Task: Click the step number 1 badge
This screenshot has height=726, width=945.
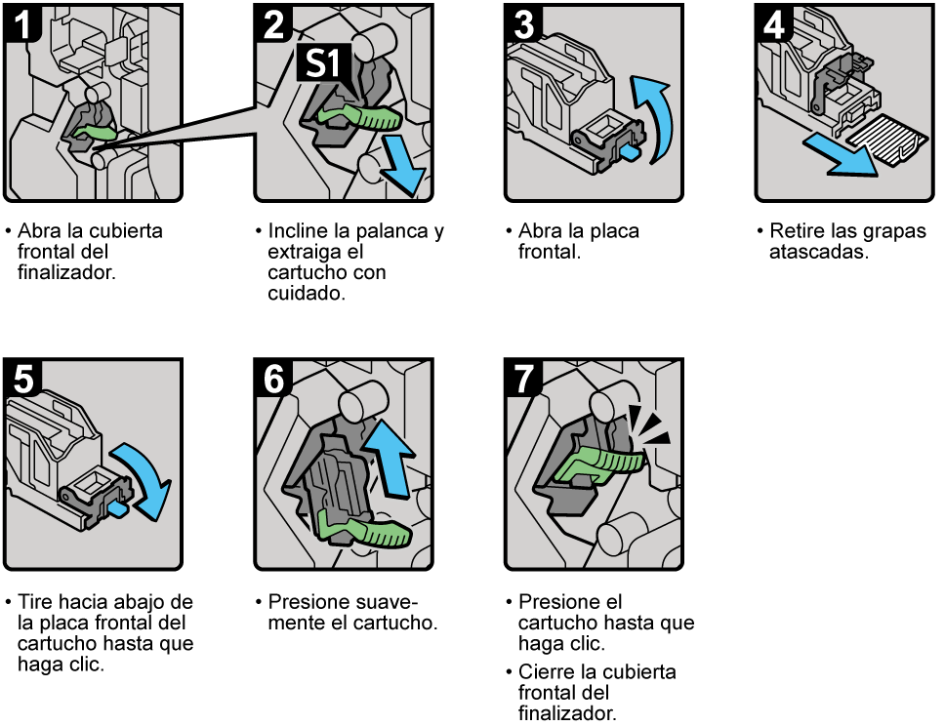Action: pyautogui.click(x=21, y=20)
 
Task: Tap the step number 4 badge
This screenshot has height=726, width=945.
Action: pyautogui.click(x=775, y=20)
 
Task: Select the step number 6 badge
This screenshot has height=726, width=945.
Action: pyautogui.click(x=273, y=378)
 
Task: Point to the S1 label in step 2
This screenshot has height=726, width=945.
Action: pyautogui.click(x=318, y=65)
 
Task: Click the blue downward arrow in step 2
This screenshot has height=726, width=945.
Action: pyautogui.click(x=403, y=167)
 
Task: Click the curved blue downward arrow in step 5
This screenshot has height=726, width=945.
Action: pyautogui.click(x=146, y=477)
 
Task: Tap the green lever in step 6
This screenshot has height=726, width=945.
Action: pyautogui.click(x=368, y=533)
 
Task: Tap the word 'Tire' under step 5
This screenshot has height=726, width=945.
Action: pyautogui.click(x=35, y=602)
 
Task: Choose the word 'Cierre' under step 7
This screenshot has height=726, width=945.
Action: pyautogui.click(x=549, y=672)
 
